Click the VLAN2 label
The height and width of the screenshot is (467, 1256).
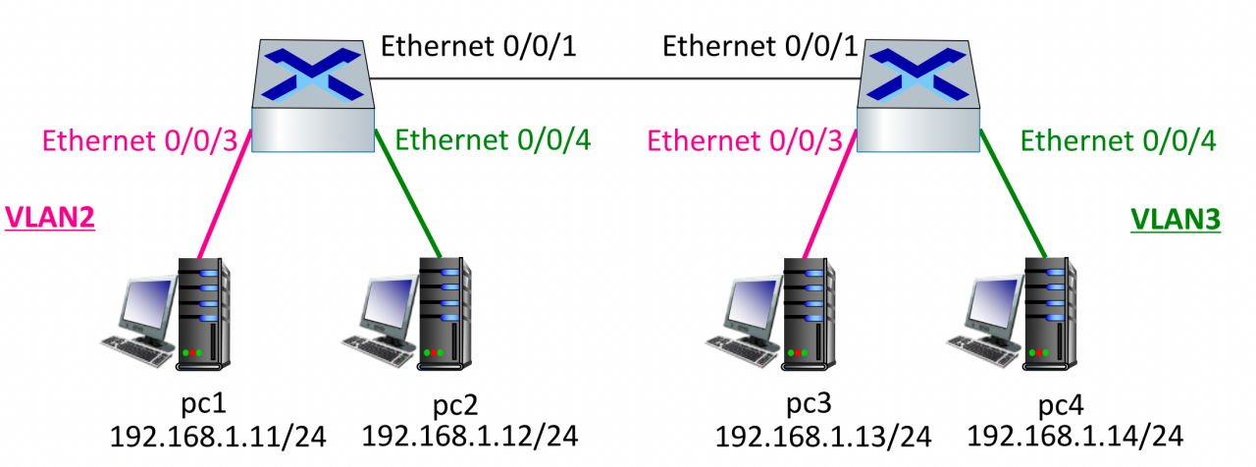point(50,218)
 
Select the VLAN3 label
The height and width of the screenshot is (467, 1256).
point(1176,220)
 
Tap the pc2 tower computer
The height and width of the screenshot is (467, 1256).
point(444,312)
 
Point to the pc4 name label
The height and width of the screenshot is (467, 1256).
point(1056,406)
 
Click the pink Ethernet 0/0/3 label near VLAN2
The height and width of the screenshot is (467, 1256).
point(140,142)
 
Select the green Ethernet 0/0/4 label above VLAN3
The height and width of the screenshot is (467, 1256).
point(1119,142)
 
